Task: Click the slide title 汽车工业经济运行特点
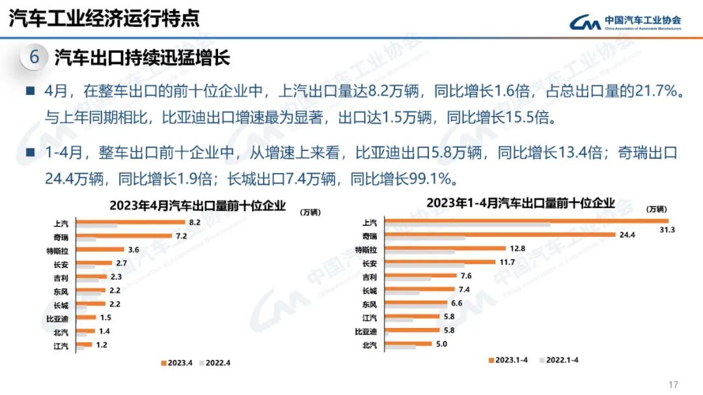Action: [104, 18]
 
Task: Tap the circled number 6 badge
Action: [34, 57]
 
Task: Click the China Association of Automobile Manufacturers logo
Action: [626, 23]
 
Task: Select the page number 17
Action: [673, 383]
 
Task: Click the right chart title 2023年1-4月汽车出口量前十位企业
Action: [520, 203]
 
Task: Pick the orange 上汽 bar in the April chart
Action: [130, 222]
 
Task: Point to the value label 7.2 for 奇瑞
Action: [182, 236]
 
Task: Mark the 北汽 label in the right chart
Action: [369, 345]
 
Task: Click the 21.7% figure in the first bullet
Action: [657, 92]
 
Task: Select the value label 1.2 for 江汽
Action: [102, 345]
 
